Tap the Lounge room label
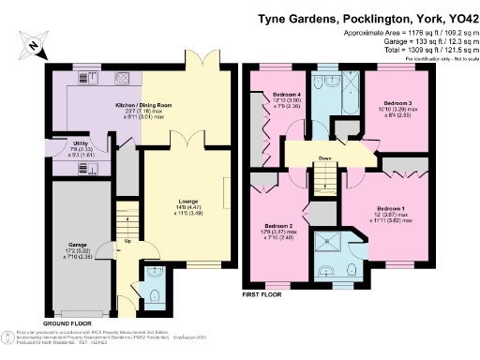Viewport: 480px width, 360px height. pos(187,200)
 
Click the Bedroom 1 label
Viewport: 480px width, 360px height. pos(391,207)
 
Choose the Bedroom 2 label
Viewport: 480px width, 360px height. pos(280,227)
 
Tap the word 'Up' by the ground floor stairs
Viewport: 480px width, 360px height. pos(128,240)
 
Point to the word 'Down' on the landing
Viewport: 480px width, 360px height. pos(325,158)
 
